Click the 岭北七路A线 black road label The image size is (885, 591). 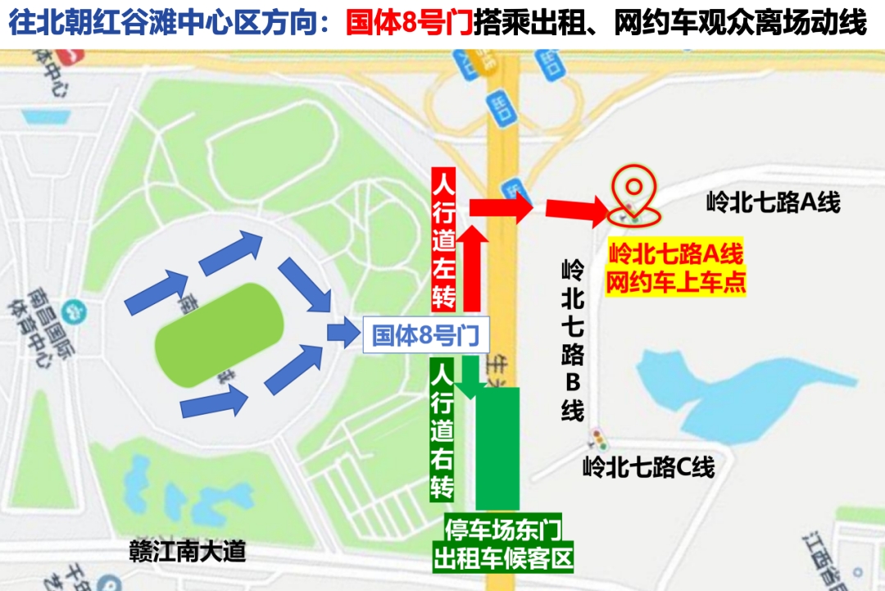pos(773,202)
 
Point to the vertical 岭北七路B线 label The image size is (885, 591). pos(573,340)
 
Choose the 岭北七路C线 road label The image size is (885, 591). pos(648,467)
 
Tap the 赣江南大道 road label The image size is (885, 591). pos(188,551)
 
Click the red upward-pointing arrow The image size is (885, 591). pos(472,266)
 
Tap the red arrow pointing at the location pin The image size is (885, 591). pos(577,211)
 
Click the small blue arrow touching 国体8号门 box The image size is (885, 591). pos(338,332)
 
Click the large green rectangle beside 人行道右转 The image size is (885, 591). pos(498,448)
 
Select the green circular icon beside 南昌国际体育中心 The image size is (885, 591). pos(77,311)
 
